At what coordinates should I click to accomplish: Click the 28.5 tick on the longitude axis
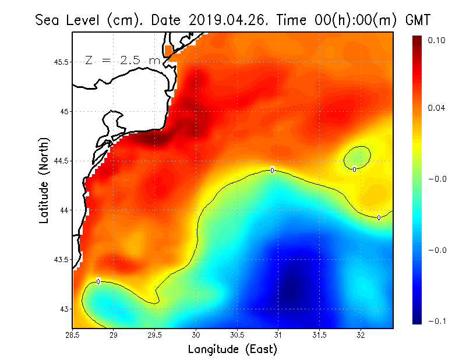73,335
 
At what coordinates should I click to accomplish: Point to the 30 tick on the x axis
196,335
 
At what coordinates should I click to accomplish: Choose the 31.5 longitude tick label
320,335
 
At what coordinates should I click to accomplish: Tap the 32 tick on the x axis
361,335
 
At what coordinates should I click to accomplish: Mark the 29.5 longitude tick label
155,335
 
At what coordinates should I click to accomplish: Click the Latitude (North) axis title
45,180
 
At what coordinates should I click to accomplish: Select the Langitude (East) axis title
232,350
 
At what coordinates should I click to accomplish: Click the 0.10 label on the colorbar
436,40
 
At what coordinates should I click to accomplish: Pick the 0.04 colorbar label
436,108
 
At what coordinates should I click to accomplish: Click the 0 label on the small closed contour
354,169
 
